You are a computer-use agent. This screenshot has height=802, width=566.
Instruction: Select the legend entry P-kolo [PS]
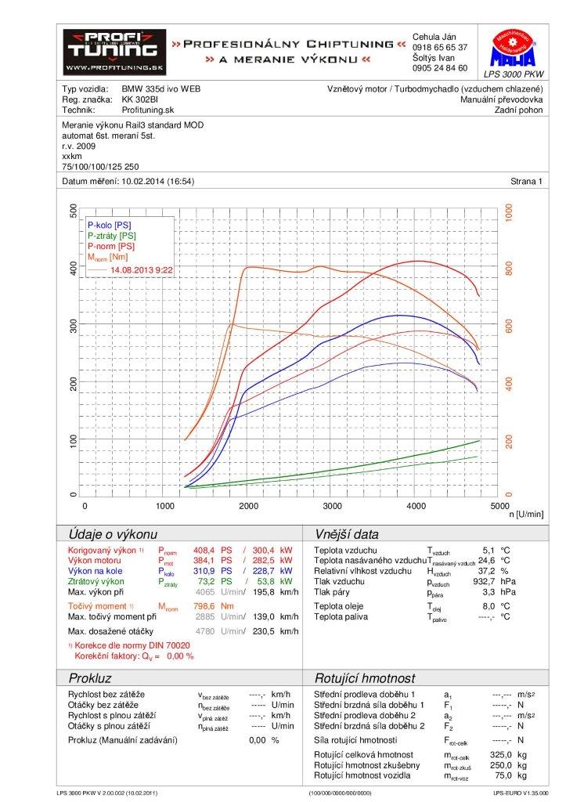(x=110, y=225)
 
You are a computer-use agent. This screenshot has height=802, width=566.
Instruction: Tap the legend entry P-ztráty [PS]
(x=111, y=235)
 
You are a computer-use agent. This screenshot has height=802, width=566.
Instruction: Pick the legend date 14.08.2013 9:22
(x=142, y=269)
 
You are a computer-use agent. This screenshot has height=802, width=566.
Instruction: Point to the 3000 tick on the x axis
(x=331, y=507)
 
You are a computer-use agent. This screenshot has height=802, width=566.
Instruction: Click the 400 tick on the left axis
(x=74, y=268)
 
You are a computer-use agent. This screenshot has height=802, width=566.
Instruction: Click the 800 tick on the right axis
(x=509, y=268)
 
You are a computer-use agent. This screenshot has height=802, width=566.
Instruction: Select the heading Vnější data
(x=346, y=534)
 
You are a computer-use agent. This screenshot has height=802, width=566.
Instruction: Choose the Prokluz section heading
(x=91, y=677)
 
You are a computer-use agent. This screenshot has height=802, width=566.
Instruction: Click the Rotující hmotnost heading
(x=364, y=677)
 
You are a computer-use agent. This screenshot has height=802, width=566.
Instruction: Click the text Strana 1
(x=527, y=182)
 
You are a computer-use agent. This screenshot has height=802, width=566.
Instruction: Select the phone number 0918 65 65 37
(x=439, y=47)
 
